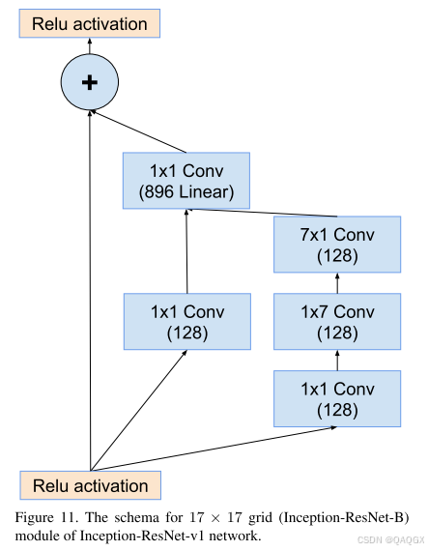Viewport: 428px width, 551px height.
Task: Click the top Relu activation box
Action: click(90, 23)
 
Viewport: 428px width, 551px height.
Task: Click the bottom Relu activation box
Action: click(91, 485)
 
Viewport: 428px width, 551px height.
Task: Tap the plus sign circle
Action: click(90, 83)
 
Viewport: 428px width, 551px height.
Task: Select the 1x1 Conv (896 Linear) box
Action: click(185, 181)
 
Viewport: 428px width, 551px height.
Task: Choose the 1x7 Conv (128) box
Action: click(337, 321)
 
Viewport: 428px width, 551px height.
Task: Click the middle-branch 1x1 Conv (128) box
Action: click(187, 321)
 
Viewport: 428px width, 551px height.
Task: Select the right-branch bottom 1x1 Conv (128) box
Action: click(337, 397)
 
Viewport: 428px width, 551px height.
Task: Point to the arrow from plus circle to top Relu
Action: click(90, 46)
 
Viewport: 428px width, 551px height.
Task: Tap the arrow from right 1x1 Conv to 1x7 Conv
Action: click(337, 359)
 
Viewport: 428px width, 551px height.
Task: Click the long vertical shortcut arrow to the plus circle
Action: click(90, 290)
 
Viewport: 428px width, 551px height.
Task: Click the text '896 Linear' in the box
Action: click(185, 191)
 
